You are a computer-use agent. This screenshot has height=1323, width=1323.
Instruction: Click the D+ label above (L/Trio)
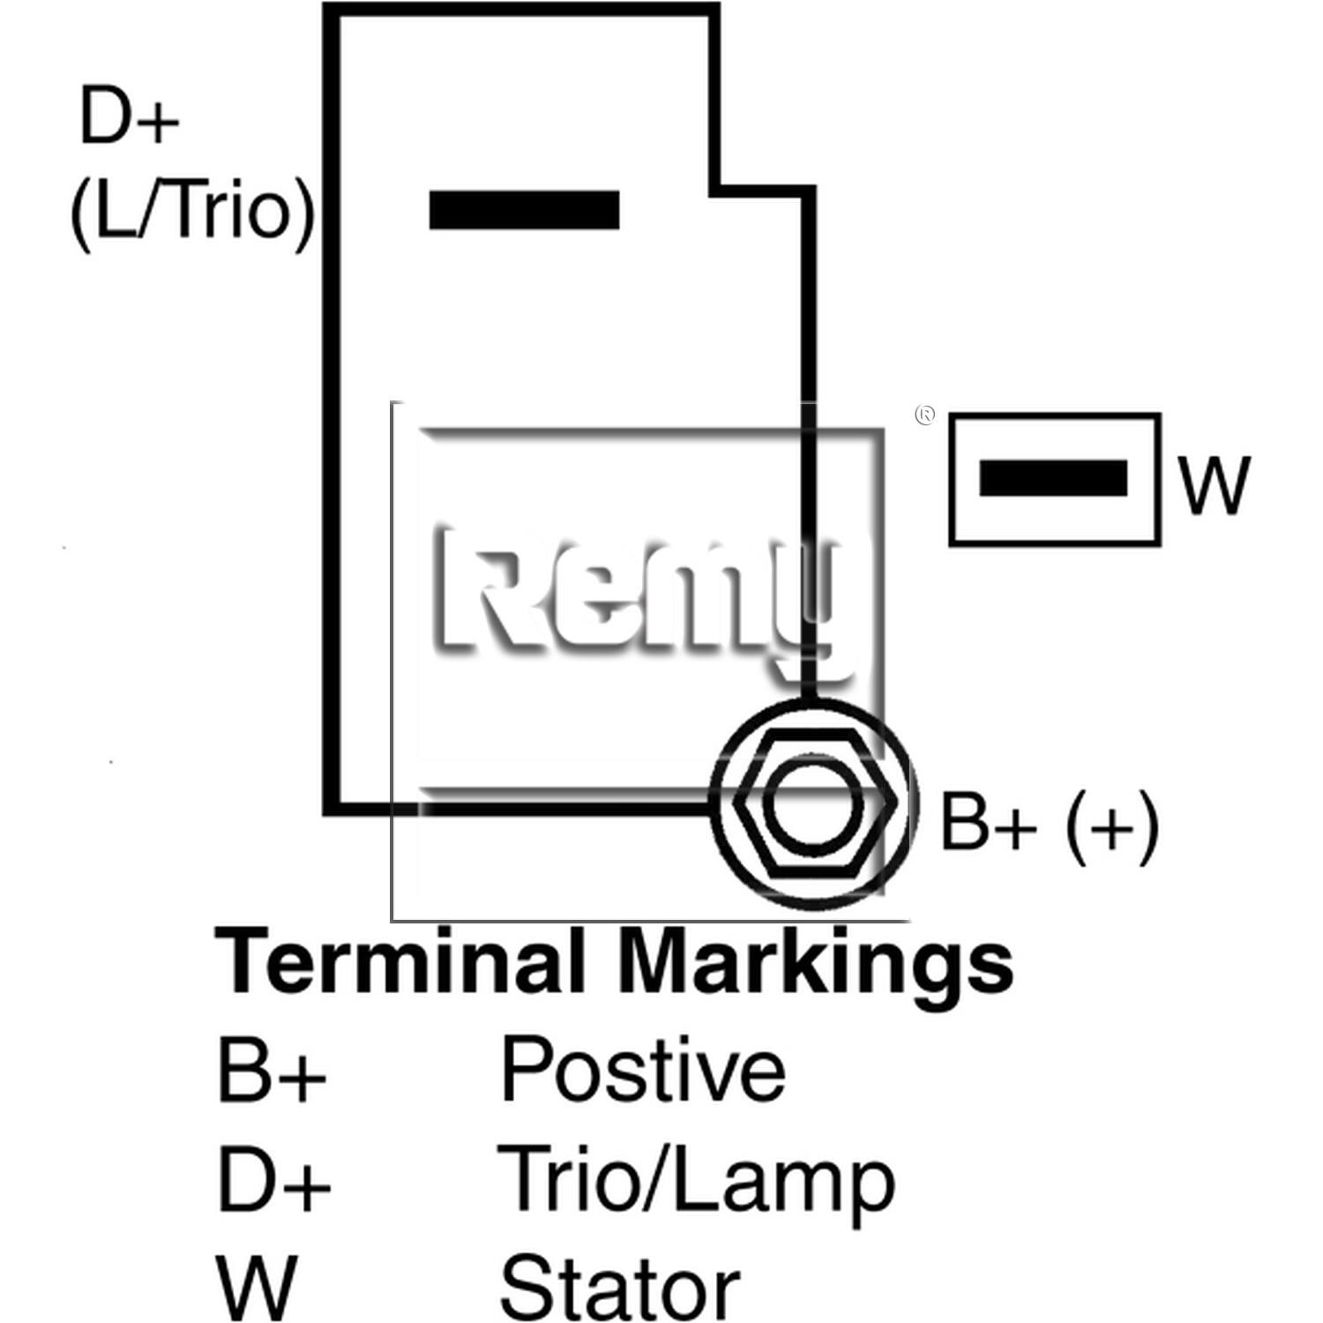tap(129, 116)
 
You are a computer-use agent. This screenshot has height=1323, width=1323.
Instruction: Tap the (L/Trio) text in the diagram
tap(191, 213)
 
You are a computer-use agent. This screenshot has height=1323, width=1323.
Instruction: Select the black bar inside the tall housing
tap(524, 210)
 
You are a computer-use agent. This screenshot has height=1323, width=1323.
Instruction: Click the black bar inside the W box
tap(1053, 478)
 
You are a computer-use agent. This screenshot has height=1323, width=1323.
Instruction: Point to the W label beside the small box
tap(1215, 486)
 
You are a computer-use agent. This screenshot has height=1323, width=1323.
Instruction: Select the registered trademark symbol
tap(925, 415)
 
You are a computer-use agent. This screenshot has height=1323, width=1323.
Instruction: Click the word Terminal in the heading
tap(401, 960)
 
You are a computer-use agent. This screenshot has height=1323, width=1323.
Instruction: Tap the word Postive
tap(643, 1069)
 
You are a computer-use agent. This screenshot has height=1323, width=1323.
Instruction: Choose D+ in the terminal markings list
tap(273, 1179)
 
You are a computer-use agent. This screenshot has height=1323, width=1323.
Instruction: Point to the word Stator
tap(619, 1289)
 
